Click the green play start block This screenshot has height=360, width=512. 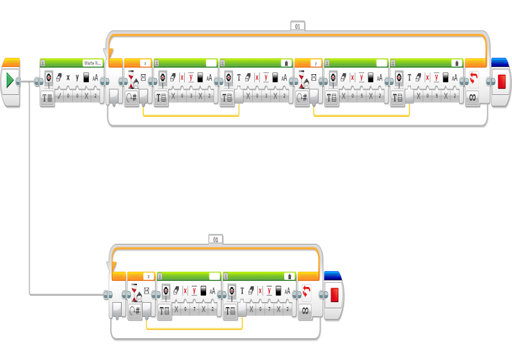coord(10,81)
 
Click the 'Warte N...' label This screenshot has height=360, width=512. coord(92,63)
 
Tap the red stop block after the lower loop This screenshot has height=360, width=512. coord(334,296)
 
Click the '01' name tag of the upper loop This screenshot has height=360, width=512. coord(297,26)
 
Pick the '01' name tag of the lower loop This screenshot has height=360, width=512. coord(215,240)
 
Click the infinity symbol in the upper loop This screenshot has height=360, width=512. coord(472,97)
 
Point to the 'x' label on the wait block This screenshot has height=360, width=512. coord(145,63)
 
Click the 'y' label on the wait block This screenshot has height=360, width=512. coord(315,63)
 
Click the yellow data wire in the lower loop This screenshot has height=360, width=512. coord(195,329)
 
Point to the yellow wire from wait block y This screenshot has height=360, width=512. coord(361,115)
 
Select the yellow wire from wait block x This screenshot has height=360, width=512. coord(191,115)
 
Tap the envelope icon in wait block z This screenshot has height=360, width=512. coord(146,291)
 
